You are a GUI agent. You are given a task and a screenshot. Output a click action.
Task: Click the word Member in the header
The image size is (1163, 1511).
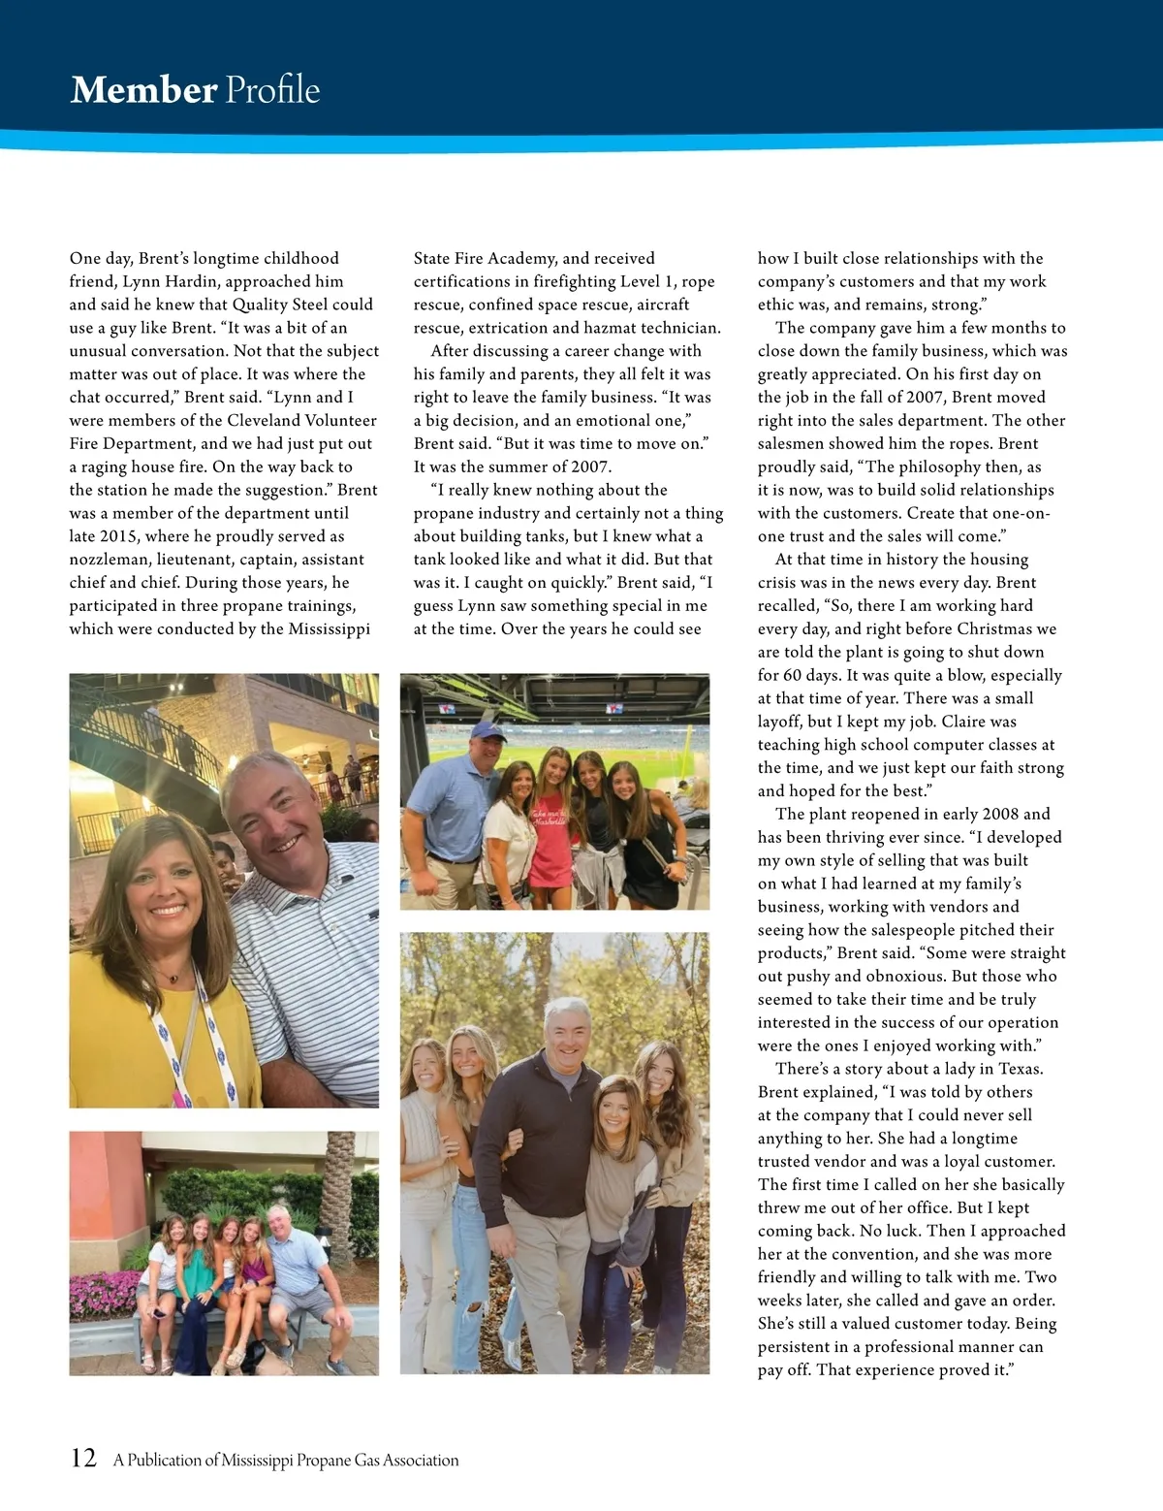tap(143, 90)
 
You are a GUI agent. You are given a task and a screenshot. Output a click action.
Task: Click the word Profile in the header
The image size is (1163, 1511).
tap(272, 90)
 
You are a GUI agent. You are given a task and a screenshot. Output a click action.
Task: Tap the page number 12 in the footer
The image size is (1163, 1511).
tap(83, 1458)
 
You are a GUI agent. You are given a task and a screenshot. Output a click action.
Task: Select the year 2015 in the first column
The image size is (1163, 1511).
tap(118, 536)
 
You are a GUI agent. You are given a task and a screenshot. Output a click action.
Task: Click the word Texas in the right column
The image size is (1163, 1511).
tap(1017, 1069)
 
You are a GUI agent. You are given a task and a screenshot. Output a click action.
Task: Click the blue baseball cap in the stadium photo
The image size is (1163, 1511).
tap(487, 730)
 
